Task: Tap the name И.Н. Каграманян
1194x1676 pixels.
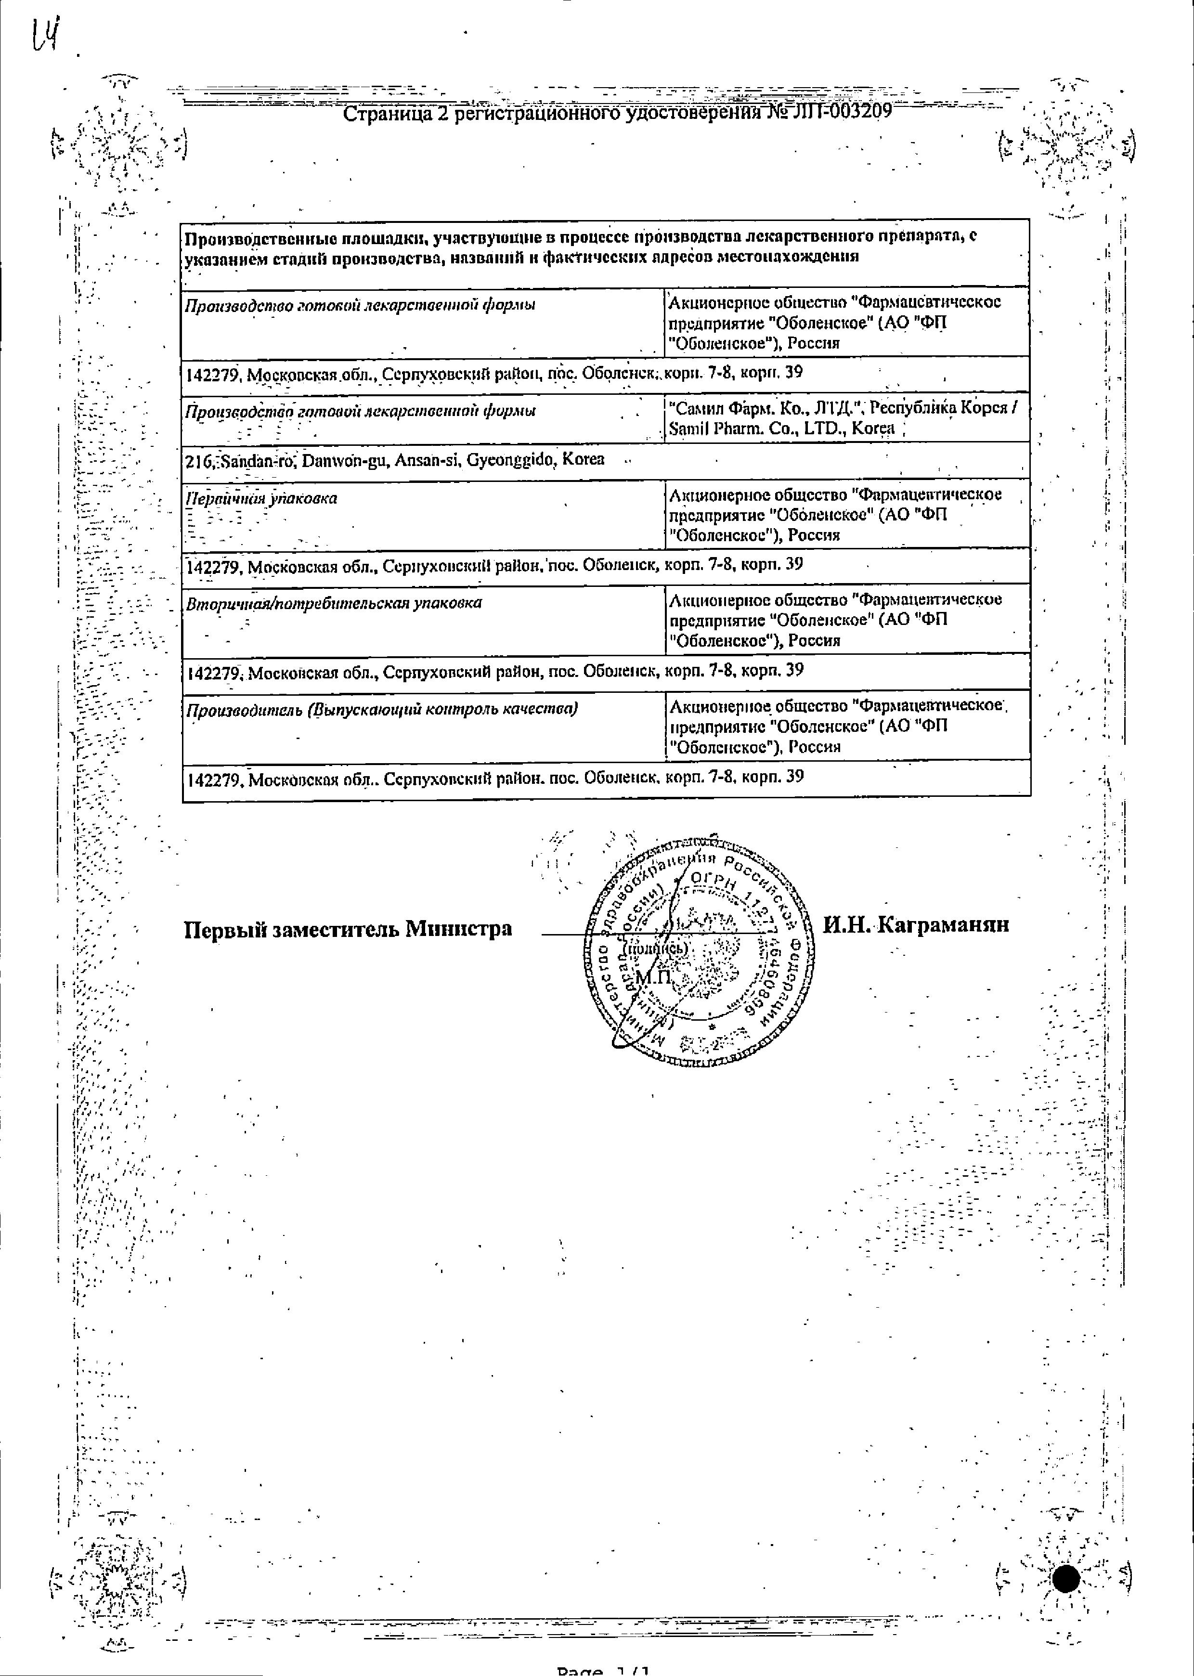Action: (x=915, y=925)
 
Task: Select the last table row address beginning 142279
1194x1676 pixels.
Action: (x=495, y=778)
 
